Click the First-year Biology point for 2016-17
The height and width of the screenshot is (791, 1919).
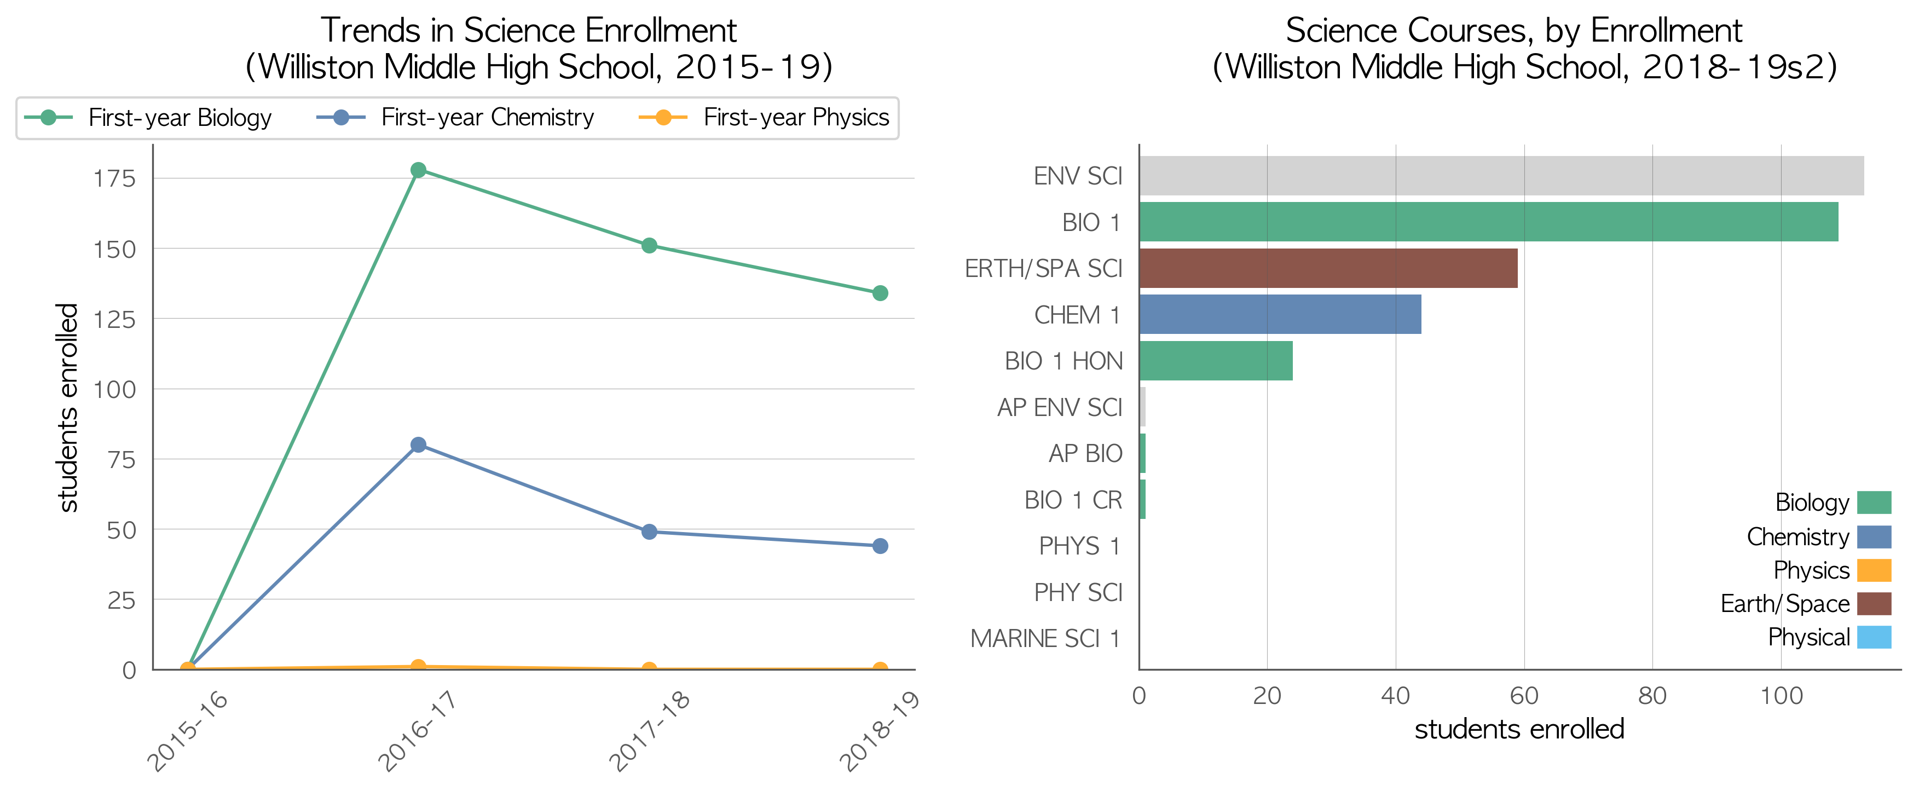(x=419, y=170)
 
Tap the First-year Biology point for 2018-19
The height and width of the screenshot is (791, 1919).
(x=880, y=293)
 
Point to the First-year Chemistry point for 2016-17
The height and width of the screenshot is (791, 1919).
(x=419, y=444)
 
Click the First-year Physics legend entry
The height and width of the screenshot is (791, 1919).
(x=764, y=118)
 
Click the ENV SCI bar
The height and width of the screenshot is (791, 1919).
(x=1501, y=176)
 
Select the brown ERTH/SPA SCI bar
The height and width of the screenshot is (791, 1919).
(x=1328, y=268)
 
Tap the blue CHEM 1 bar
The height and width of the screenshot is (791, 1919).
(x=1280, y=314)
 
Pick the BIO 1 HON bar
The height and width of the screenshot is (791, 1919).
(x=1216, y=361)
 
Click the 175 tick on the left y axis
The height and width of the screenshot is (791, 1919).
(x=114, y=179)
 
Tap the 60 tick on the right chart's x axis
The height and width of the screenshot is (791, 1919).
(x=1524, y=696)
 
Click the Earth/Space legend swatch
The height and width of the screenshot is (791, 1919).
(x=1874, y=603)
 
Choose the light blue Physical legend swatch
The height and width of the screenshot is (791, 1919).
(x=1874, y=637)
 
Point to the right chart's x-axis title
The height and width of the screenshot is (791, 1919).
(x=1519, y=729)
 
